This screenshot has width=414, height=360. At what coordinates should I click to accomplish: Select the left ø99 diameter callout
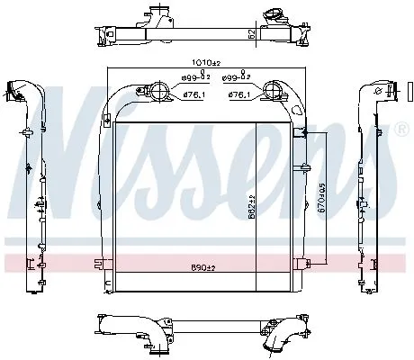184,80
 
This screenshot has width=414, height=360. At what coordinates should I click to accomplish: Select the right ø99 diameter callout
235,80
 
